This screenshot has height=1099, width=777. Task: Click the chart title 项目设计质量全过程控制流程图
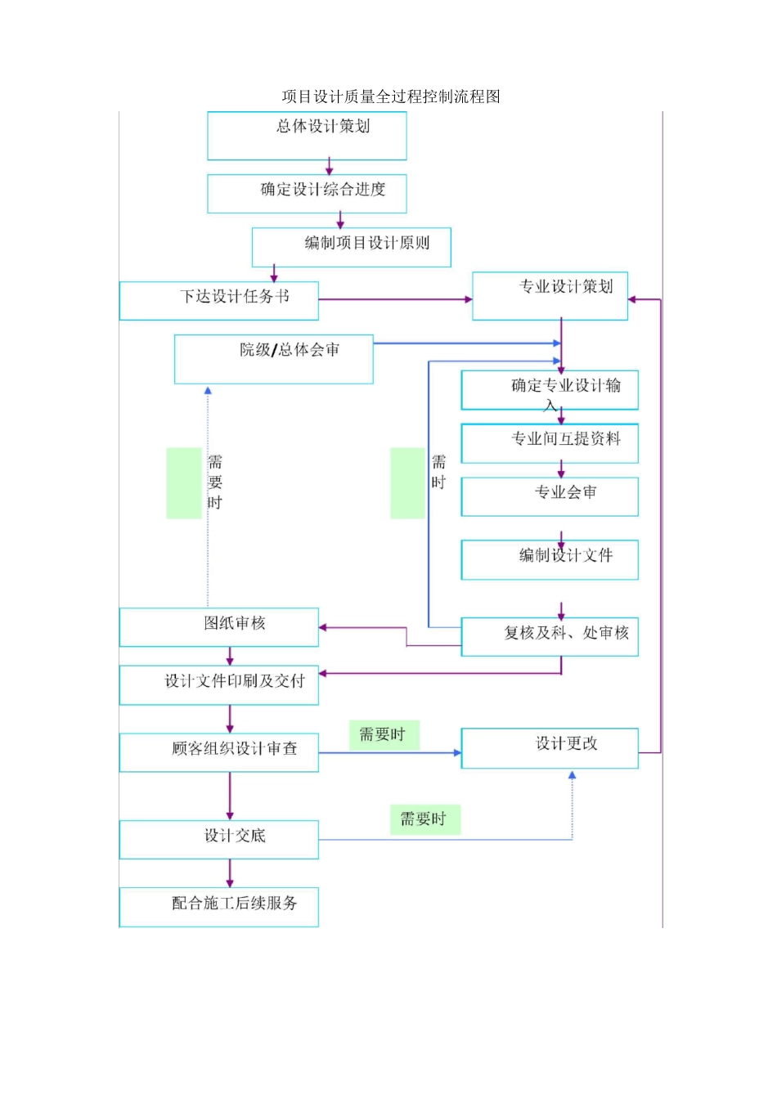[x=391, y=96]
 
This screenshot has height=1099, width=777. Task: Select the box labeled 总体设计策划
[x=307, y=136]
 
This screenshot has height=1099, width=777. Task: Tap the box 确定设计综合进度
[x=307, y=194]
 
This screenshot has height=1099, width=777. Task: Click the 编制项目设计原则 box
[x=352, y=247]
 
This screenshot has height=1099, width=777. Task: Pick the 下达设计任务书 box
[x=218, y=301]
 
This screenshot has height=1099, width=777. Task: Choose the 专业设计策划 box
[x=550, y=295]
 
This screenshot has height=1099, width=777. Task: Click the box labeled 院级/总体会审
[x=274, y=359]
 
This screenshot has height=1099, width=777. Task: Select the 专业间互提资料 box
[x=550, y=443]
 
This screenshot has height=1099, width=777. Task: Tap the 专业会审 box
[x=550, y=496]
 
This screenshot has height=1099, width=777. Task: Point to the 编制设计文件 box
[x=550, y=559]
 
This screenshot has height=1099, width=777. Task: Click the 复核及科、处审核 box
[x=550, y=636]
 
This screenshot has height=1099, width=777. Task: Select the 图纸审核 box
[x=218, y=627]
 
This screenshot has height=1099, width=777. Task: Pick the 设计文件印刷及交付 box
[x=218, y=685]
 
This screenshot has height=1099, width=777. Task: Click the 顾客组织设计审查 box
[x=218, y=752]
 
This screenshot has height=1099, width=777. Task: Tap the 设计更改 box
[x=550, y=747]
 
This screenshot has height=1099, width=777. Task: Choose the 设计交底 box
[x=218, y=840]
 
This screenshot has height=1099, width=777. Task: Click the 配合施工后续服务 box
[x=218, y=907]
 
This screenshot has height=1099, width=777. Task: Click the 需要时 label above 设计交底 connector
[x=424, y=819]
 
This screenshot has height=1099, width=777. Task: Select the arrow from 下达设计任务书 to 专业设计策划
[x=393, y=299]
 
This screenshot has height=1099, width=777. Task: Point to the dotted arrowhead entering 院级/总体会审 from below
[x=208, y=391]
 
